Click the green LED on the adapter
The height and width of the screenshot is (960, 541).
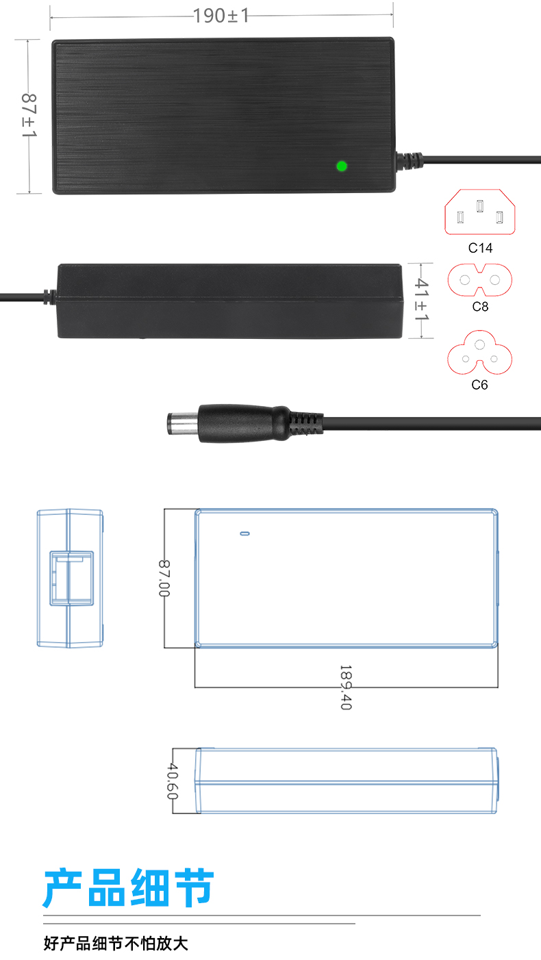tap(342, 166)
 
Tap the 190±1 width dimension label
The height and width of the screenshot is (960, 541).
tap(221, 16)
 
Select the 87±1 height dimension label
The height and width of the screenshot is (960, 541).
tap(29, 116)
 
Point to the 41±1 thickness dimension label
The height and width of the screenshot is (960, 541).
tap(421, 299)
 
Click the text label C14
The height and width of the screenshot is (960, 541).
tap(480, 248)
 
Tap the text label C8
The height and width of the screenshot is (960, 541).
tap(480, 307)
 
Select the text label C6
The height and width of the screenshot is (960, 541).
tap(479, 384)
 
